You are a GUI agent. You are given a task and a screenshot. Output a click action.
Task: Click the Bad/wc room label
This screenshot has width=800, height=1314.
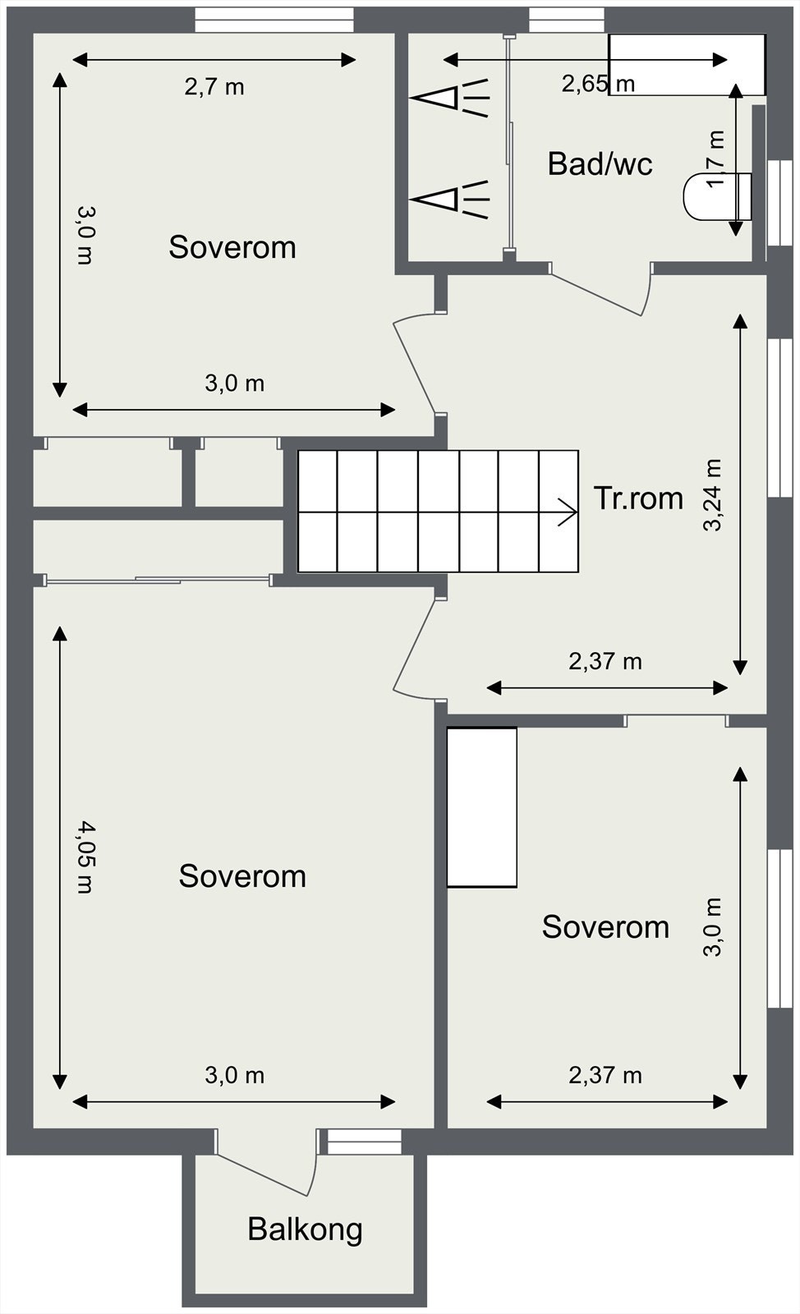tap(600, 163)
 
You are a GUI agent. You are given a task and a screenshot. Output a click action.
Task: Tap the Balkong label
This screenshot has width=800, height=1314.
tap(305, 1229)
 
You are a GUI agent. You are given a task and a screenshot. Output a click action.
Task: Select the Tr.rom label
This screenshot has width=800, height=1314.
tap(638, 498)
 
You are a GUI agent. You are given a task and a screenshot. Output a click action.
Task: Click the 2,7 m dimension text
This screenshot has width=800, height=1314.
tap(214, 87)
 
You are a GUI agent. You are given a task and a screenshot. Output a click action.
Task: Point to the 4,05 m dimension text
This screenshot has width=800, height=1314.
tap(85, 857)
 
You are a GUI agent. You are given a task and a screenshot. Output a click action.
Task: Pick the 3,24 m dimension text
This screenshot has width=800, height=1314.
tap(712, 494)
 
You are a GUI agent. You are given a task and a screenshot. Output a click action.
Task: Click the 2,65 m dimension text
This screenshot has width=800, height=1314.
tap(598, 84)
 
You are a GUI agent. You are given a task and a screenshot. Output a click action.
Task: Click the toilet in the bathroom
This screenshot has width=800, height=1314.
tap(717, 197)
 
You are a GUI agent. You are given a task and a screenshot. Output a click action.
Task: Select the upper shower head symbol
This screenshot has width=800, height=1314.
tap(450, 98)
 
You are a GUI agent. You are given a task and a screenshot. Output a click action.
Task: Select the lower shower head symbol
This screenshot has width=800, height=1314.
tap(450, 199)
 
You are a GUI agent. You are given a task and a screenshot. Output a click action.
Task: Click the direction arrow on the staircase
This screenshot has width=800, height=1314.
tap(568, 512)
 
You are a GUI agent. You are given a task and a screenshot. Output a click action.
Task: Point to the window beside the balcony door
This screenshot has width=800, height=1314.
tap(364, 1142)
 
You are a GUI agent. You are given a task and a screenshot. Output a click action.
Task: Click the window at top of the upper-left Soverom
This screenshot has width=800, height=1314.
tap(274, 20)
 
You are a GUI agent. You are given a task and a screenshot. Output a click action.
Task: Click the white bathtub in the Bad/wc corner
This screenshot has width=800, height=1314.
tap(687, 65)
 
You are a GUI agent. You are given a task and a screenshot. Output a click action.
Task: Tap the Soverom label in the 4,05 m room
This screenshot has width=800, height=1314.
tap(242, 876)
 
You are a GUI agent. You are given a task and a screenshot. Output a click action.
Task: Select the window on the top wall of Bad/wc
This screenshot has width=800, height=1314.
tap(567, 20)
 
